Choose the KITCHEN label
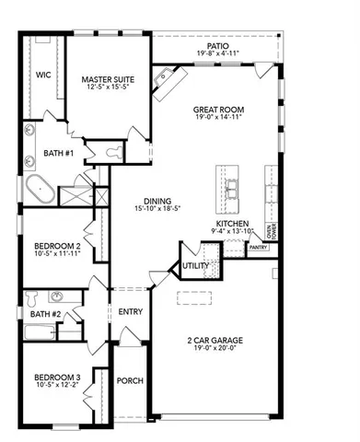[232, 224]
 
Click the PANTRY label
[258, 247]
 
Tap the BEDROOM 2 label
[57, 246]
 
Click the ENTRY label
[130, 312]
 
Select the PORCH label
[130, 381]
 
